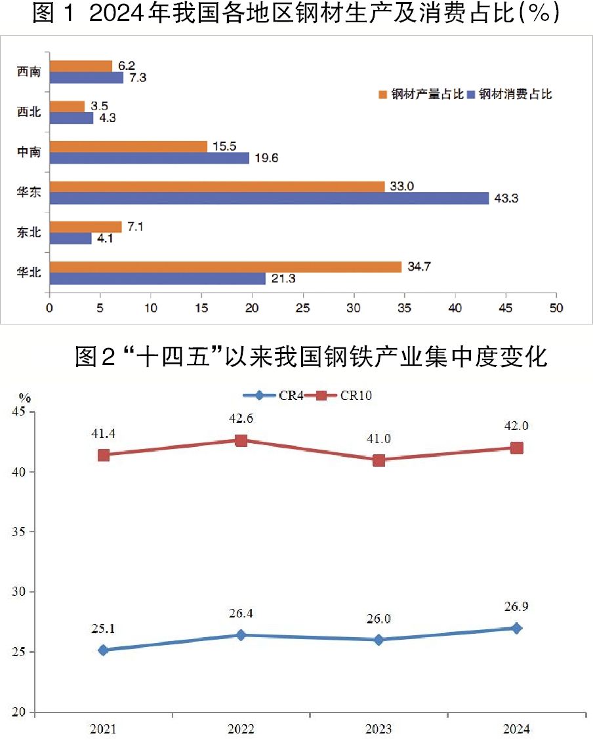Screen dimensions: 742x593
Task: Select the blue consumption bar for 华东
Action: point(269,199)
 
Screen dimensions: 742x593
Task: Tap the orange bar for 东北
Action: point(85,227)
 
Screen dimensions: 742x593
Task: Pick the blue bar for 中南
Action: point(149,158)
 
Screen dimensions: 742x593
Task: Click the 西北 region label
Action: point(29,113)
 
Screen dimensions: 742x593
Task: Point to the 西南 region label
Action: point(29,72)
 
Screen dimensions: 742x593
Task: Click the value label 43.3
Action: point(506,199)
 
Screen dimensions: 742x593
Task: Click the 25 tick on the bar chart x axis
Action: point(303,307)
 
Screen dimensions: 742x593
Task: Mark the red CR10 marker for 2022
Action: point(241,440)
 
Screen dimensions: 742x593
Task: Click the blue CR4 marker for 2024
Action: point(517,628)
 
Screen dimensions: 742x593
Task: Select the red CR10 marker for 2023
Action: point(378,460)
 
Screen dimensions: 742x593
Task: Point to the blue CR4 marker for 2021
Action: point(103,650)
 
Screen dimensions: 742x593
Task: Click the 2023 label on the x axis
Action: point(378,729)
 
